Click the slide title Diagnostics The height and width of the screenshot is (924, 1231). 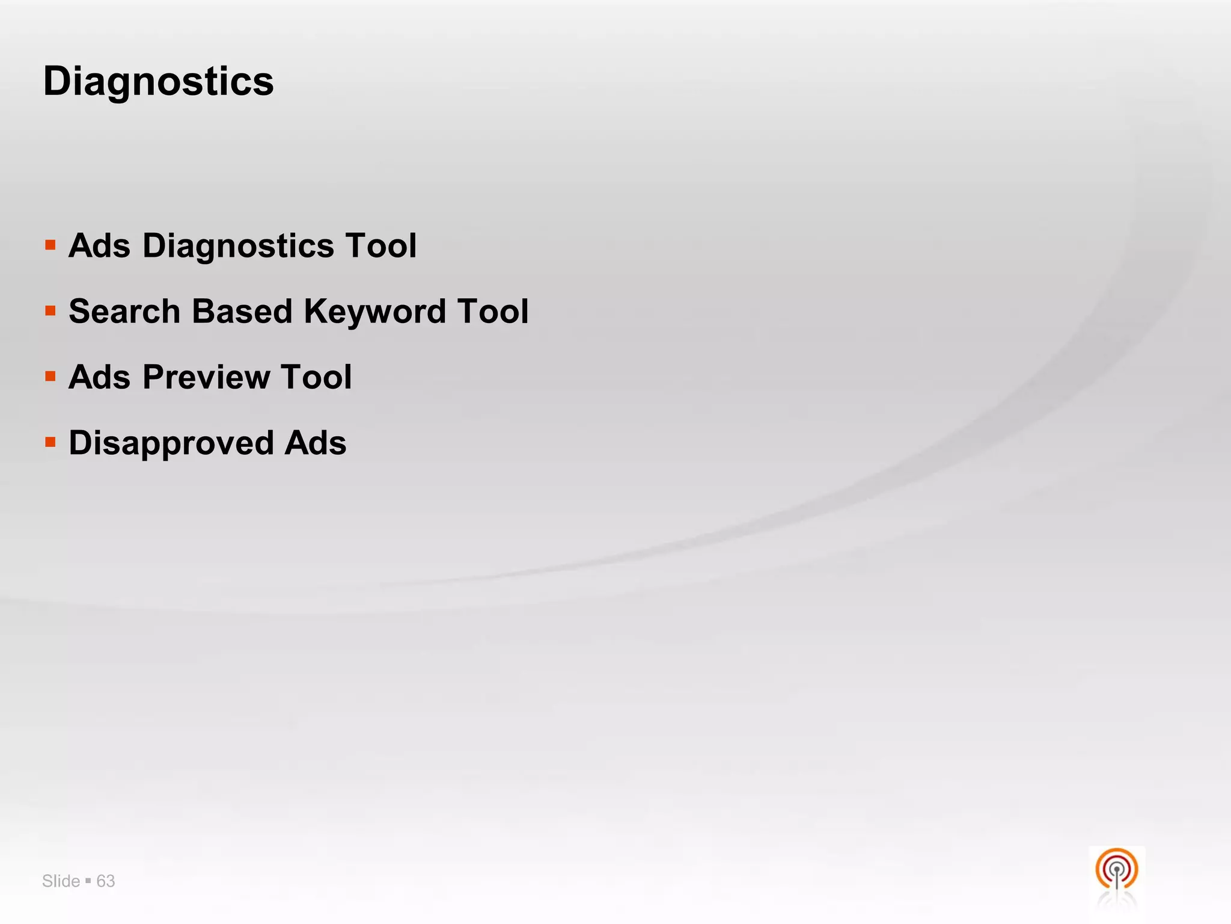pos(159,82)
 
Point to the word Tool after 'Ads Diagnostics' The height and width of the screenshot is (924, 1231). pos(380,245)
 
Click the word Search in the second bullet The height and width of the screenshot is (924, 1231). pos(124,312)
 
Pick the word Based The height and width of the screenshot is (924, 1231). pos(242,312)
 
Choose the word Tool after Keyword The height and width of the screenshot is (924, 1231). pos(492,312)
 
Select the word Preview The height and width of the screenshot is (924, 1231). pos(206,377)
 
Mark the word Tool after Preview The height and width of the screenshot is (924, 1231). pos(316,377)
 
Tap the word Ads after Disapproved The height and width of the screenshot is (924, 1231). pos(316,443)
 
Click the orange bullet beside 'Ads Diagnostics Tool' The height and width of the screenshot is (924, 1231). pos(50,245)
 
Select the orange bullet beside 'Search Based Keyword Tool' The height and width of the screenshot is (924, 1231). pos(50,311)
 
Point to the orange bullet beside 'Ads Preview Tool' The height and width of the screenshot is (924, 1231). pos(50,377)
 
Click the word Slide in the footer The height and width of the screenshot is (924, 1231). pos(61,881)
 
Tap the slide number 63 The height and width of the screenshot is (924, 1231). pos(106,881)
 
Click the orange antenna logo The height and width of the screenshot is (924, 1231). pos(1116,870)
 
